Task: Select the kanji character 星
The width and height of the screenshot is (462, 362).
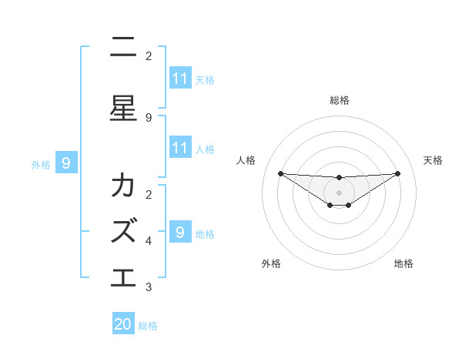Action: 123,108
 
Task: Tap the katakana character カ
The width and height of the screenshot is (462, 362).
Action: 123,186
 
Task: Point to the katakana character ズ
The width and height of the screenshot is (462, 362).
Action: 123,230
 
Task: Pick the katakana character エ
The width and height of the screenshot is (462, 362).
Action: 123,276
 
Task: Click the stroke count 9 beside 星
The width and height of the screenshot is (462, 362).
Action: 149,118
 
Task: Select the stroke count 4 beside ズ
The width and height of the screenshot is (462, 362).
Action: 149,240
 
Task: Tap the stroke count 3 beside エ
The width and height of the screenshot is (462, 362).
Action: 149,287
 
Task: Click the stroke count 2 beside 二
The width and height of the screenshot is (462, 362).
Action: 149,56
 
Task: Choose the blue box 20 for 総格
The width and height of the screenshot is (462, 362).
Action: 123,324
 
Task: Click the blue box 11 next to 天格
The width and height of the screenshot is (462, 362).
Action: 180,79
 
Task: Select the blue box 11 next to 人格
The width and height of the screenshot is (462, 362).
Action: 180,148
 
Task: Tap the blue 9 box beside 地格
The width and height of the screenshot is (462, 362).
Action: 180,232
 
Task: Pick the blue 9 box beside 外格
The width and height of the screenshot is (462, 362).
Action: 66,163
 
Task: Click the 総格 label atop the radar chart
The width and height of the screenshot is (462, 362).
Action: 340,100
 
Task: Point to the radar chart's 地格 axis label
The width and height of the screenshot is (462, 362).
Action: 403,264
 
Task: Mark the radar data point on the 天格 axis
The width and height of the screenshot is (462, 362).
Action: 397,173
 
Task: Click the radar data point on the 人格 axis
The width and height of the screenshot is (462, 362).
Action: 280,173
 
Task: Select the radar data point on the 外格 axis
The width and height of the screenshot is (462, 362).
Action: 330,205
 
